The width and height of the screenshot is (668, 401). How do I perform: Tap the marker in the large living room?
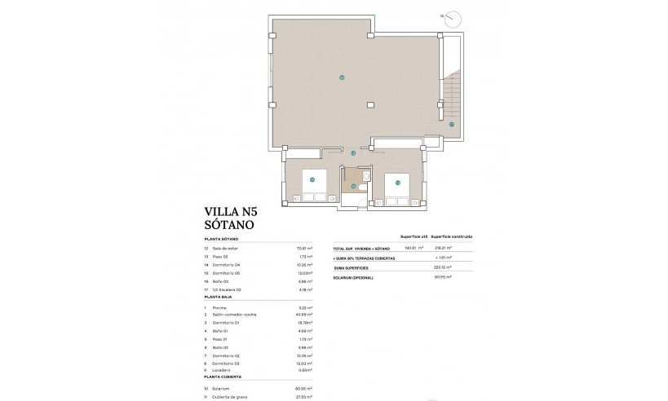pos(342,77)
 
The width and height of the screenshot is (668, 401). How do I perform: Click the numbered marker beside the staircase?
pos(451,125)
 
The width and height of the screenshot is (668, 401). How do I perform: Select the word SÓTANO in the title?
pos(230,223)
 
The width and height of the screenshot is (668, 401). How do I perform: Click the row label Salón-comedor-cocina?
pos(236,314)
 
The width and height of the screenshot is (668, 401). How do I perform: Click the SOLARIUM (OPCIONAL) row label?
pos(354,277)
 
